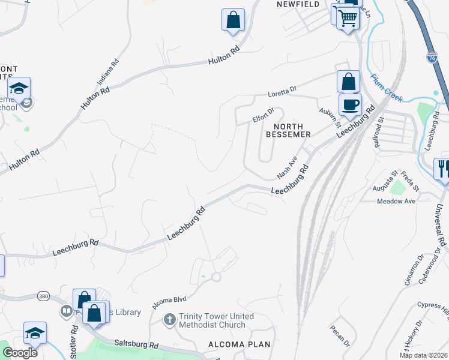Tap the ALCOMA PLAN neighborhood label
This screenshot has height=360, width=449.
click(239, 344)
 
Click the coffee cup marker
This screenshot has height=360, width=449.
click(350, 104)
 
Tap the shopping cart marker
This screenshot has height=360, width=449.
click(348, 18)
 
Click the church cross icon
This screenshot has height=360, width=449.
click(170, 320)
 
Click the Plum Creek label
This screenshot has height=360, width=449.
click(387, 83)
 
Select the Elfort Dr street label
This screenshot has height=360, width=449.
click(263, 115)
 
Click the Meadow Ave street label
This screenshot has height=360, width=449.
click(396, 202)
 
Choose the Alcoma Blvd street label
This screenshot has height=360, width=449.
click(170, 302)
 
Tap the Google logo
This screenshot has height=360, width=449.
click(20, 353)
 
